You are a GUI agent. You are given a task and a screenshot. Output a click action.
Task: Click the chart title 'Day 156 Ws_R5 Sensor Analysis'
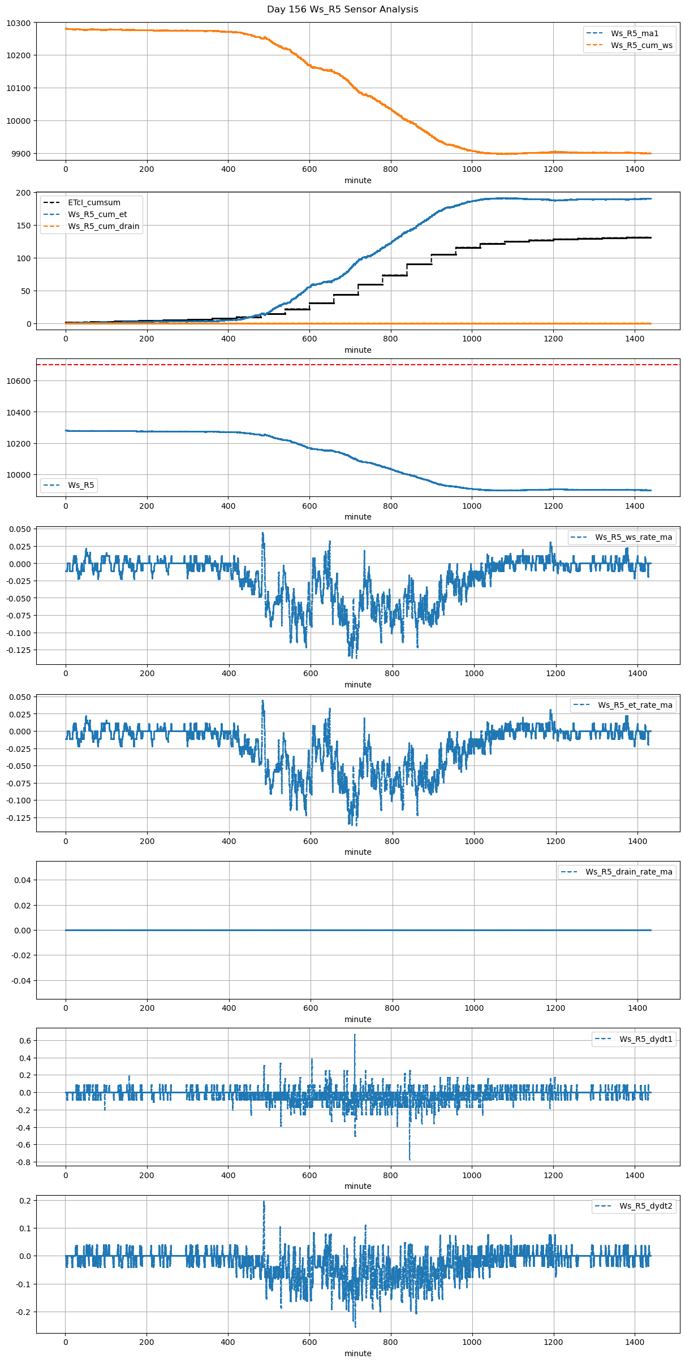pyautogui.click(x=342, y=10)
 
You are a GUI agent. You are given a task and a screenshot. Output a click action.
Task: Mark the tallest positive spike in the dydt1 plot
pyautogui.click(x=355, y=1035)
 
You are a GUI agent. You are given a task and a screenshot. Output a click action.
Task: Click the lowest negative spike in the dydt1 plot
pyautogui.click(x=410, y=1159)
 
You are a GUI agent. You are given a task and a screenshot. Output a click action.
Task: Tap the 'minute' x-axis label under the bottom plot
pyautogui.click(x=357, y=1353)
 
